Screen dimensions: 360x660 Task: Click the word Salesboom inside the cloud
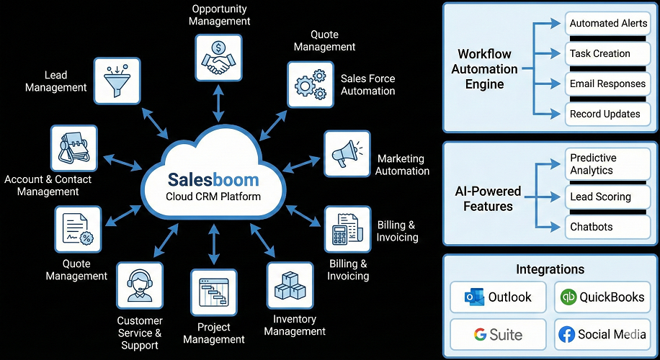pos(213,179)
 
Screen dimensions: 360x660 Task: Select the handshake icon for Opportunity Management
pos(218,58)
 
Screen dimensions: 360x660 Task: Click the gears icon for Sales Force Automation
pos(311,84)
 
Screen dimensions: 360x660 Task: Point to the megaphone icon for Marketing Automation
pos(347,153)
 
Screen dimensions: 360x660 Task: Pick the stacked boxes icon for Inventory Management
pos(290,286)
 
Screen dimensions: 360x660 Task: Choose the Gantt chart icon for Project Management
pos(213,293)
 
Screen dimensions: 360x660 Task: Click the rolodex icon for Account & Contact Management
pos(73,148)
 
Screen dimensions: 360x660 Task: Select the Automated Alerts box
pos(607,24)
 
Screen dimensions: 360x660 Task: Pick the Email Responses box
pos(607,84)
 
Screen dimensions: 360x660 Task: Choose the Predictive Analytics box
pos(607,164)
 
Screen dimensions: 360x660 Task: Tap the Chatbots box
pos(607,227)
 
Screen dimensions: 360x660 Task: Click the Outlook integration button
pos(498,297)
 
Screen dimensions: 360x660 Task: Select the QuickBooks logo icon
pos(569,297)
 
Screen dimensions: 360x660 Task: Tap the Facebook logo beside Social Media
pos(566,334)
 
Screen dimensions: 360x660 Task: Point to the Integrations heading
pos(550,269)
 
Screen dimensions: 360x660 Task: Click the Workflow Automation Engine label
pos(484,69)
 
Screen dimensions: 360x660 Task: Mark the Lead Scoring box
pos(607,197)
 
